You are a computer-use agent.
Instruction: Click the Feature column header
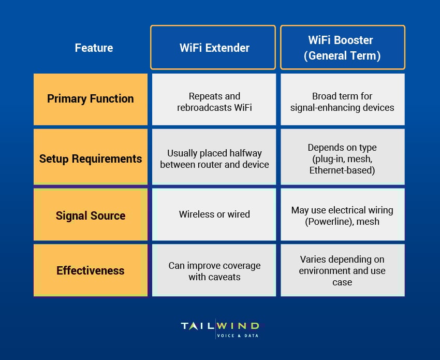(94, 48)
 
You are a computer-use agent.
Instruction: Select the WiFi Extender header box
(214, 48)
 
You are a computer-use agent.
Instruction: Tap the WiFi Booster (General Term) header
(342, 48)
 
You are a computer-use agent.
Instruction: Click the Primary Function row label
(91, 99)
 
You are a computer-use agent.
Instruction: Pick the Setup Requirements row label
(91, 159)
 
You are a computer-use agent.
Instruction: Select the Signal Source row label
(91, 215)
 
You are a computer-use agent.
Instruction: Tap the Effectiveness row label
(91, 270)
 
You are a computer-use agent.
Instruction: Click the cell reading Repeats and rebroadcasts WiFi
(214, 102)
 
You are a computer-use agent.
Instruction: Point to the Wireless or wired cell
(214, 214)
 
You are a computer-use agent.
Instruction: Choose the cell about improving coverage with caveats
(214, 271)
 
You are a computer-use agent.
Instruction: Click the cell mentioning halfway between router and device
(214, 159)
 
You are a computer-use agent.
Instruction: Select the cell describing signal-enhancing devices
(342, 102)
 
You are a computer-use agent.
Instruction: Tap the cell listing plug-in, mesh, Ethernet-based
(342, 159)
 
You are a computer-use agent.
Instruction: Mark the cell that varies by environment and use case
(342, 270)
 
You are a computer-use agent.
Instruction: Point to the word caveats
(225, 277)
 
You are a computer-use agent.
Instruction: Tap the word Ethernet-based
(342, 170)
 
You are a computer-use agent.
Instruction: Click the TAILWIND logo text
(220, 325)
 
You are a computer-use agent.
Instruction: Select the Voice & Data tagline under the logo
(238, 335)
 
